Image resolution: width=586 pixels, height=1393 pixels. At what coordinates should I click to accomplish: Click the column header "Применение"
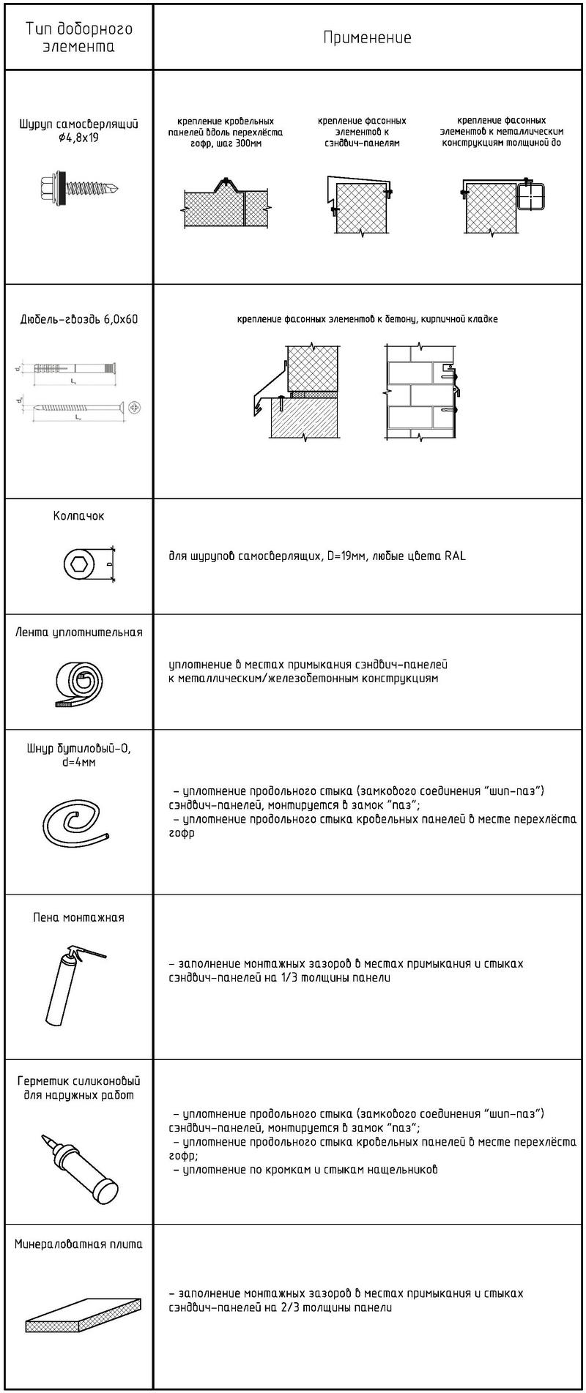(x=367, y=38)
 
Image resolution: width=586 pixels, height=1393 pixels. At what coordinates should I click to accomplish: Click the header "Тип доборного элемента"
(x=79, y=38)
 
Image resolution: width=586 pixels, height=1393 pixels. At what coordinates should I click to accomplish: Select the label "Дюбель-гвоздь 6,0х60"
(x=79, y=319)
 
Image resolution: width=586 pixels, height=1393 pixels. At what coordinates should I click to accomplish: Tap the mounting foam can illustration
(x=73, y=985)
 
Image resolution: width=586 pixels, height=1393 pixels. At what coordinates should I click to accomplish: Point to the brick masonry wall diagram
(x=420, y=396)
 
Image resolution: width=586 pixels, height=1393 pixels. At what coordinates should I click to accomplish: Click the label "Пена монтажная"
(x=78, y=917)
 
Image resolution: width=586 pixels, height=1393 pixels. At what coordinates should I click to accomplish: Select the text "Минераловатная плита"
(x=79, y=1244)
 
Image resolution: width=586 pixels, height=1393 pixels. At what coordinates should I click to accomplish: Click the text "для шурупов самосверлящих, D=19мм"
(x=268, y=556)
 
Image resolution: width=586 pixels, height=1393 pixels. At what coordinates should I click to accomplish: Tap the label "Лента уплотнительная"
(x=79, y=632)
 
